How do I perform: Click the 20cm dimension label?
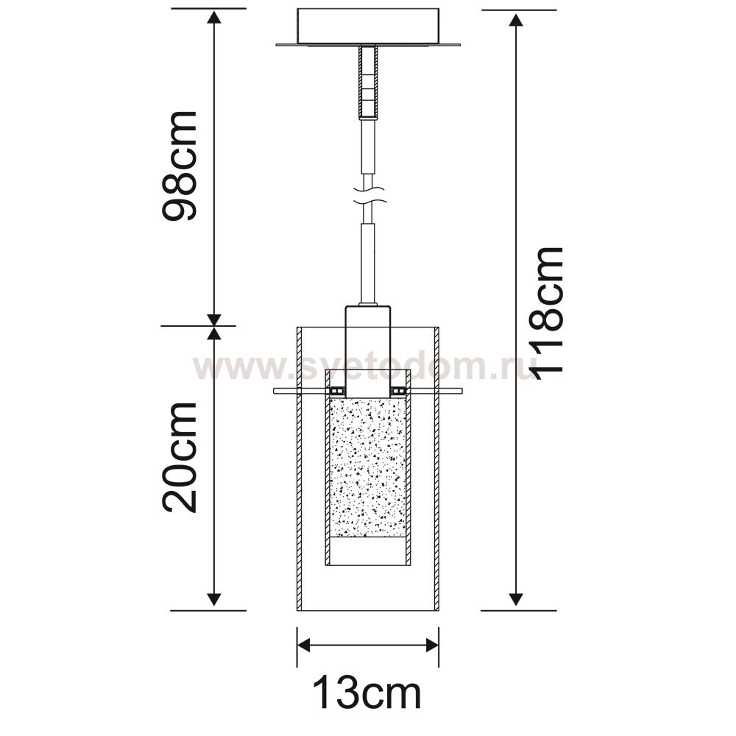(180, 458)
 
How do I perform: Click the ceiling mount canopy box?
(368, 27)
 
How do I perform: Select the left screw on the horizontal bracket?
(336, 391)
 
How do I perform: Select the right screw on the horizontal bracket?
(399, 391)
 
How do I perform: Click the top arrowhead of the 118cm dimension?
(516, 21)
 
